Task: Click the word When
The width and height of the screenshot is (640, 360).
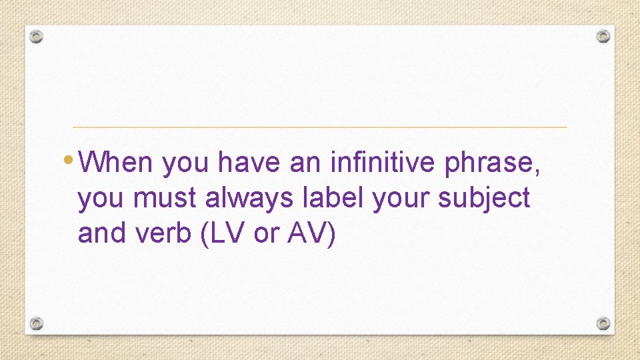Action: pyautogui.click(x=120, y=162)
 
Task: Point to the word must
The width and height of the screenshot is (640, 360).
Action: pyautogui.click(x=167, y=198)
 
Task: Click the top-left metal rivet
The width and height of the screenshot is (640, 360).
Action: pyautogui.click(x=37, y=36)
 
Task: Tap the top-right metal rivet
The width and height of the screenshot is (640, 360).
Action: pyautogui.click(x=603, y=36)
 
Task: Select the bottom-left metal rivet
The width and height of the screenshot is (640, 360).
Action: pyautogui.click(x=37, y=323)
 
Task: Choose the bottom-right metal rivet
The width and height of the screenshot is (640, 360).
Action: pyautogui.click(x=603, y=323)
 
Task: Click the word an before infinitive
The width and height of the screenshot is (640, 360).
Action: pyautogui.click(x=304, y=162)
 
